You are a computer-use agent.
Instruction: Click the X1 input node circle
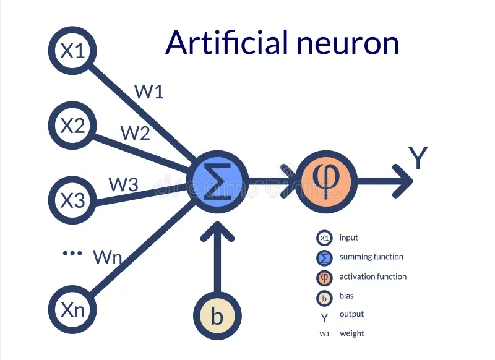72,51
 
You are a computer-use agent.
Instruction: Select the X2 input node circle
72,126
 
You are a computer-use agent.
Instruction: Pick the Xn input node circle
72,309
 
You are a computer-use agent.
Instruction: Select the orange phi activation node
326,182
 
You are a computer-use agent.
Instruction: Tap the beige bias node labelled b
217,315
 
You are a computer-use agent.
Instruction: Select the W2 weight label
135,133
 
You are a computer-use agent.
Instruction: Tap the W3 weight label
123,184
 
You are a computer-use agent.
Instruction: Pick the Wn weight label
107,257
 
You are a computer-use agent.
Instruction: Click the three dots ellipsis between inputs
72,254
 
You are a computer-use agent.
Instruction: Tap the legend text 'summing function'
371,257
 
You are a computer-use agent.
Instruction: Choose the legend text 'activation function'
373,276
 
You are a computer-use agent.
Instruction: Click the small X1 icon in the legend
324,238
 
